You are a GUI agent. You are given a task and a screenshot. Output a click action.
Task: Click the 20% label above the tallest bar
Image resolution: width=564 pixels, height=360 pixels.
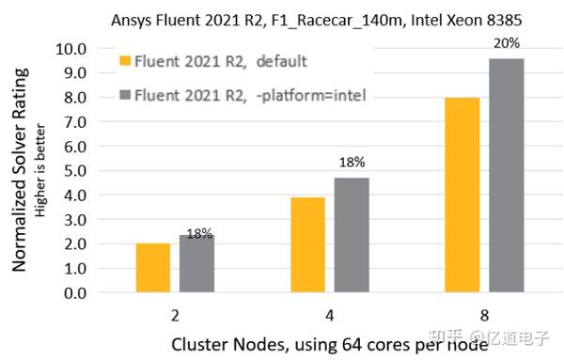click(508, 43)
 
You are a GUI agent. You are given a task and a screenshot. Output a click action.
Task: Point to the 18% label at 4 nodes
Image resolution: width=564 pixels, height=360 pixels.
click(352, 163)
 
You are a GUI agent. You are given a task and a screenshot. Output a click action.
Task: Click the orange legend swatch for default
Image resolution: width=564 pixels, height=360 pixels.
click(125, 63)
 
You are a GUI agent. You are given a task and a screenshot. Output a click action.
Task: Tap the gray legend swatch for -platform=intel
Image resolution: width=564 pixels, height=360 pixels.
click(125, 94)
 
